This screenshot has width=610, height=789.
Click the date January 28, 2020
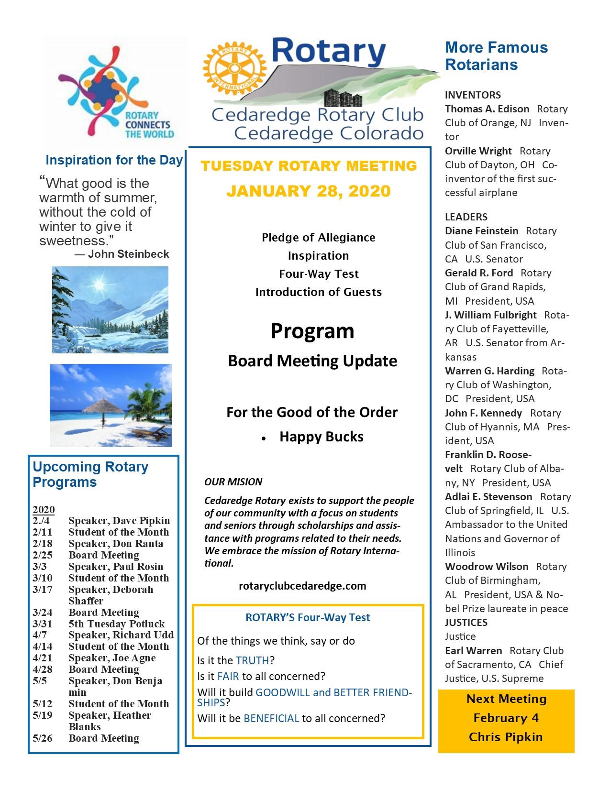pos(309,191)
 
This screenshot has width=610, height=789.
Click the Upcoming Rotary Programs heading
pos(90,474)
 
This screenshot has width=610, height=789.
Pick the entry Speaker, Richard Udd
pos(121,635)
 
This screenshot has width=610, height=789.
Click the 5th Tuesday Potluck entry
pos(116,624)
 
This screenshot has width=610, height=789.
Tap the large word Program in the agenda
pos(312,331)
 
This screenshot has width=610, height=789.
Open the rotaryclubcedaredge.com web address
pos(302,586)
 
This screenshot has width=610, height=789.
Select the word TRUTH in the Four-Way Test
pos(253,660)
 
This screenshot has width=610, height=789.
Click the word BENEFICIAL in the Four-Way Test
pos(271,718)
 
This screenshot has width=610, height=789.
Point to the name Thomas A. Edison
pos(487,109)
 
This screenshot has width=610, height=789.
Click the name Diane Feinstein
pos(481,231)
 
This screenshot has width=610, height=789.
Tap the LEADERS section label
pos(466,217)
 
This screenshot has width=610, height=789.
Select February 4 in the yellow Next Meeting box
pos(506,718)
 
